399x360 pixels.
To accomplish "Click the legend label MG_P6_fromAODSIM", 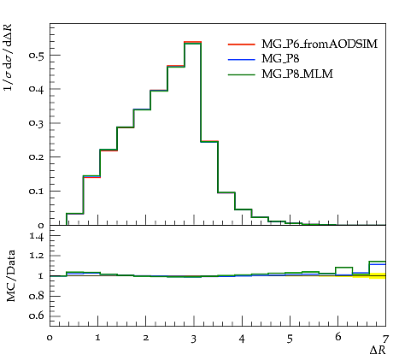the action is point(320,44).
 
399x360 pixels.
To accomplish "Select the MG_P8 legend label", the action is point(280,59).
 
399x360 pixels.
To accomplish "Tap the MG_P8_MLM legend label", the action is point(297,74).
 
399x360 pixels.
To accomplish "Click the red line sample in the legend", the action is point(241,44).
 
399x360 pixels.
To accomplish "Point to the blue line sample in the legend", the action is point(241,60).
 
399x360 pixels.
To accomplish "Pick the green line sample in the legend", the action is point(241,74).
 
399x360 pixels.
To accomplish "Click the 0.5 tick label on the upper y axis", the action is point(36,56).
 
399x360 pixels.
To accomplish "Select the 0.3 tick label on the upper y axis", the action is point(36,123).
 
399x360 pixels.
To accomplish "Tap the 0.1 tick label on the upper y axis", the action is point(36,191).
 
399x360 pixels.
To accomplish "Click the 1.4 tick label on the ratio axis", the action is point(37,236).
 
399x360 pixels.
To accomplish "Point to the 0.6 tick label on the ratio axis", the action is point(36,316).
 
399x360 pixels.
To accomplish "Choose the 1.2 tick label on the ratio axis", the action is point(37,256).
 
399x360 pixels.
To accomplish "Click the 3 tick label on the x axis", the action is point(194,339).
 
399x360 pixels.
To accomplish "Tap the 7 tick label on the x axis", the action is point(385,339).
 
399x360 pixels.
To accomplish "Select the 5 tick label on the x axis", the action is point(290,339).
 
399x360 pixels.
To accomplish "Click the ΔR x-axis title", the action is point(378,351).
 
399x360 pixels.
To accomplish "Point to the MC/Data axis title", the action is point(10,276).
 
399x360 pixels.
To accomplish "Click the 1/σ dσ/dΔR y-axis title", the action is point(9,57).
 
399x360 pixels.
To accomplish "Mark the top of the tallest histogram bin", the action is point(192,42).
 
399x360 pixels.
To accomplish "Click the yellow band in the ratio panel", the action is point(378,275).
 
